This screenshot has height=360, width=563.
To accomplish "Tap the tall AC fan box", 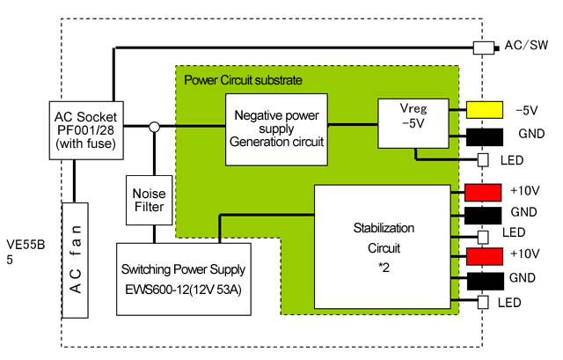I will pos(76,260).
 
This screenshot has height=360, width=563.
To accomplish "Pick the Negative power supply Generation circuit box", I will pos(275,129).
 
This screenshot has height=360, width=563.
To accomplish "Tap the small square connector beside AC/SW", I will pos(481,48).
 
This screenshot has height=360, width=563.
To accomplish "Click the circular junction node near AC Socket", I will pos(153,128).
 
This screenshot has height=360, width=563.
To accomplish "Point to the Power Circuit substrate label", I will pos(244,80).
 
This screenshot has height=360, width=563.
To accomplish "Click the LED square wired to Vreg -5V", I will pos(481,160).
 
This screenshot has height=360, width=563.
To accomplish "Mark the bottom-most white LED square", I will pos(481,304).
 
